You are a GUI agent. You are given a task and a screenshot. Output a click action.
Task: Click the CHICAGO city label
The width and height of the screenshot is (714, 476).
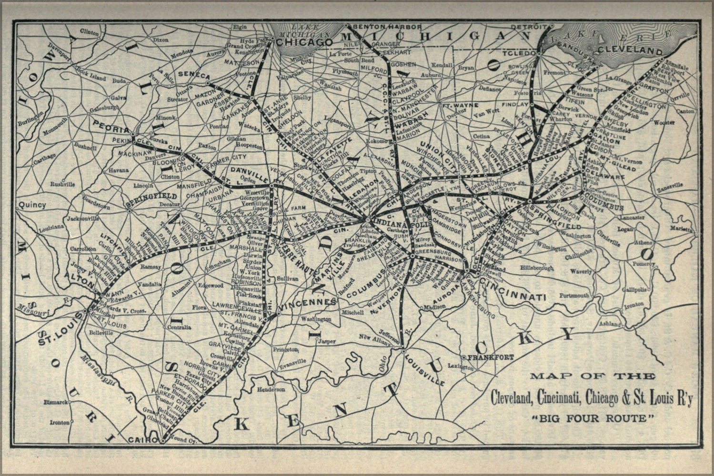point(304,42)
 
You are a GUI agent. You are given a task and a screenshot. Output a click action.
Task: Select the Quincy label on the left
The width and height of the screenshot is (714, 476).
point(32,205)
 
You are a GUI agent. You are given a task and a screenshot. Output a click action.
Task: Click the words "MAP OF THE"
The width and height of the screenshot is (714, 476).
point(592,377)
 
